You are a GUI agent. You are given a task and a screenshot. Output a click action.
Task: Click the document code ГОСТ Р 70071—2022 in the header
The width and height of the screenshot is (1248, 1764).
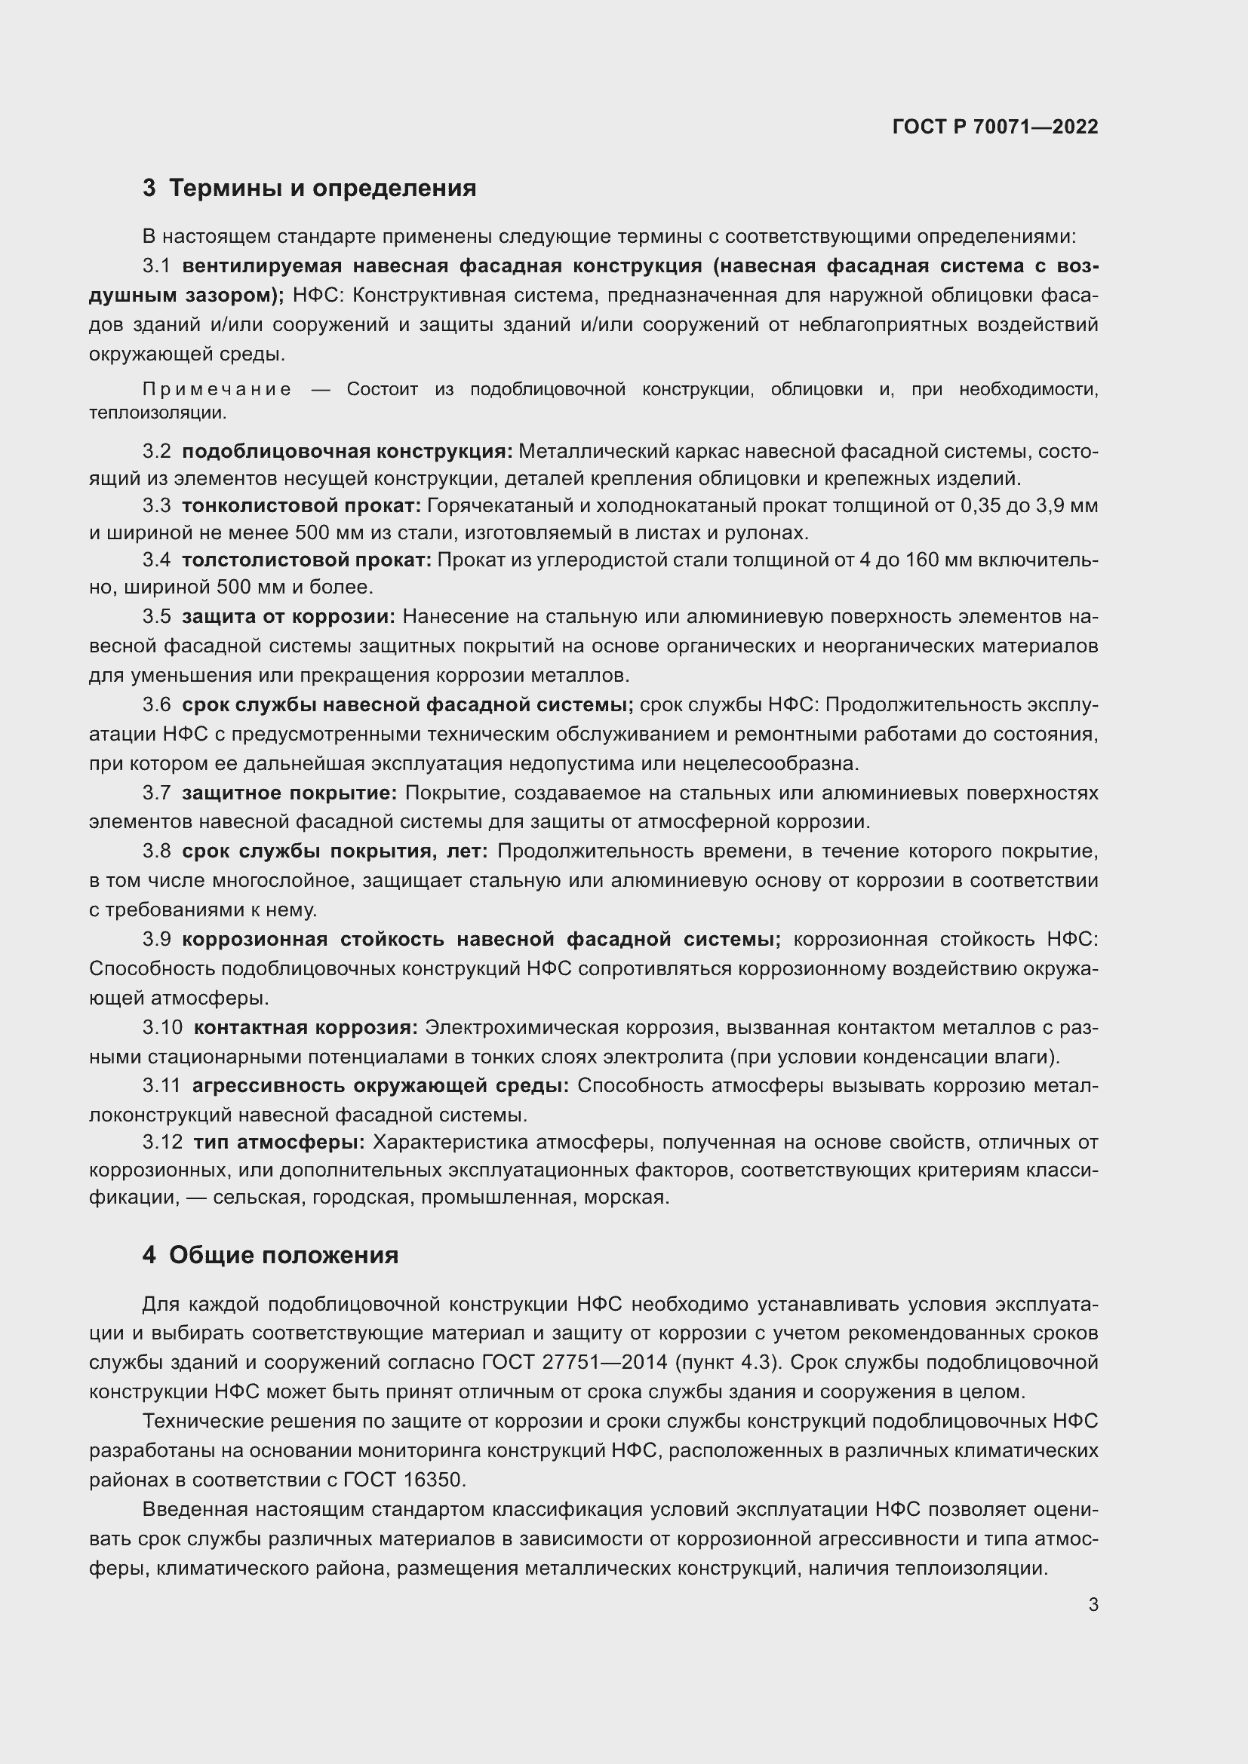pos(995,127)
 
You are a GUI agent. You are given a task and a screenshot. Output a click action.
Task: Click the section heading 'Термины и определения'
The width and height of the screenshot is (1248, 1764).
pos(322,189)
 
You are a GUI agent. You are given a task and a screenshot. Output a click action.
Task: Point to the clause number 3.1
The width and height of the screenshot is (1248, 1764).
pos(156,265)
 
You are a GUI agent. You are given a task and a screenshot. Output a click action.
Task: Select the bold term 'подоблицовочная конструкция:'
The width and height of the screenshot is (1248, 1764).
pos(346,451)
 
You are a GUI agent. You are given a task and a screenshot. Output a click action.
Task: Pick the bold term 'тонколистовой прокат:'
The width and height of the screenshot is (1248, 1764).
pos(301,505)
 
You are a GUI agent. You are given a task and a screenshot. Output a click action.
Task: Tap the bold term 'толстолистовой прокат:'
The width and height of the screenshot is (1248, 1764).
pos(306,560)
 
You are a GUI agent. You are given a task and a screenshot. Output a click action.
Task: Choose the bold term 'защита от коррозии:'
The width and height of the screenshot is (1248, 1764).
pos(288,616)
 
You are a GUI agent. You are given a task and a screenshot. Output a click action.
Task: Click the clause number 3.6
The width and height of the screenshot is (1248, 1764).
pos(156,704)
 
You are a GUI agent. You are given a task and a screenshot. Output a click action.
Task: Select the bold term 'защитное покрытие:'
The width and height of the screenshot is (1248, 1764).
pos(289,793)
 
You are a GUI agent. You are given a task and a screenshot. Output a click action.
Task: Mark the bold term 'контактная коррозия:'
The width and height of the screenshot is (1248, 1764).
pos(305,1027)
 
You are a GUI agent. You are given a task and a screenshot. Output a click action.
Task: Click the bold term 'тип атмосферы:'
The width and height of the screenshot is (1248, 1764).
pos(278,1143)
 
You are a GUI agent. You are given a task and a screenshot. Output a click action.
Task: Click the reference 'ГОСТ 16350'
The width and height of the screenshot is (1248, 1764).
pos(402,1480)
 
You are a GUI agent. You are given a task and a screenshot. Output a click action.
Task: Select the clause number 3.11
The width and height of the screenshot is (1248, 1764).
pos(161,1084)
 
